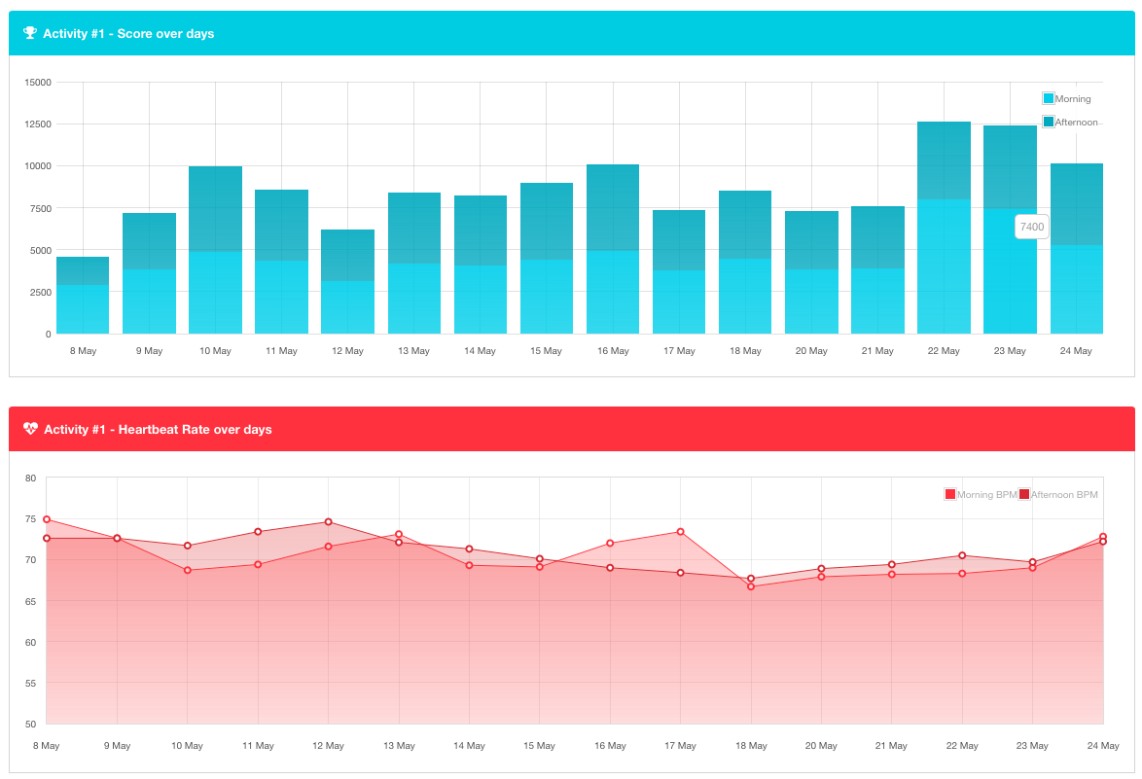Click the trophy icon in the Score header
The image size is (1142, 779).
[30, 33]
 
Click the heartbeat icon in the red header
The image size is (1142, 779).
[30, 429]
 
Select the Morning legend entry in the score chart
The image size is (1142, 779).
[1067, 98]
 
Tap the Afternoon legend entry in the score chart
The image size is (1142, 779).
[1070, 122]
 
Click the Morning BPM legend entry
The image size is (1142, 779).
[981, 494]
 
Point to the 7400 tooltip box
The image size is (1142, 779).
[1031, 227]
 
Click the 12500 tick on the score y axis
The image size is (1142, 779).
[38, 124]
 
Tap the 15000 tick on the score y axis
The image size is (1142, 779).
[38, 82]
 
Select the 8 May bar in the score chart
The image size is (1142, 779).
[83, 296]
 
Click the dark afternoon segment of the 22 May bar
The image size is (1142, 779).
[944, 160]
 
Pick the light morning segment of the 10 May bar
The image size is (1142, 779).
[215, 292]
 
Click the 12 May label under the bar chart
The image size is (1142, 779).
[347, 351]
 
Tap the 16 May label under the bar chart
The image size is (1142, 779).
[613, 351]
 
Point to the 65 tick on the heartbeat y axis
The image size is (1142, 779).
[30, 601]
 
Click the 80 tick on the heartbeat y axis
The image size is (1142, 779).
[30, 478]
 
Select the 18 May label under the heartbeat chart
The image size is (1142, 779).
[751, 746]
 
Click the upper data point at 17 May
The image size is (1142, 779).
[681, 532]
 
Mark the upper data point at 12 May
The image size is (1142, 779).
[329, 522]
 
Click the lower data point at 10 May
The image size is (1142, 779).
[188, 570]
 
